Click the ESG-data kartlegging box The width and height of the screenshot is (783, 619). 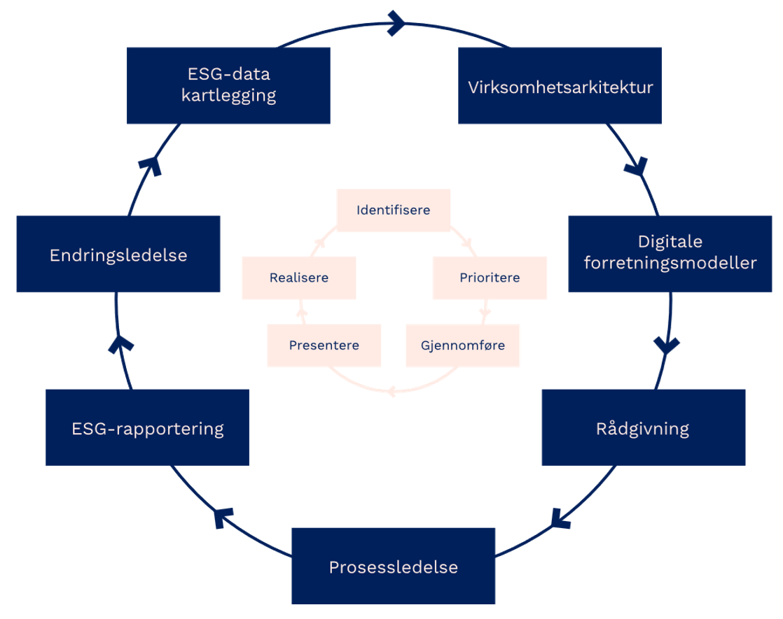pyautogui.click(x=228, y=85)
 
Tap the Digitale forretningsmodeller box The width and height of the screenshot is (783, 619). pyautogui.click(x=670, y=253)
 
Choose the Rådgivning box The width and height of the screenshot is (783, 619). pyautogui.click(x=644, y=427)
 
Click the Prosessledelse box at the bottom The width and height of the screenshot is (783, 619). pyautogui.click(x=393, y=566)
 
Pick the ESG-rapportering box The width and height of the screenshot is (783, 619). pyautogui.click(x=147, y=427)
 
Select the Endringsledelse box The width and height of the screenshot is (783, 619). pyautogui.click(x=118, y=254)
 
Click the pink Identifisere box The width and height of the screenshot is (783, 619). pyautogui.click(x=393, y=210)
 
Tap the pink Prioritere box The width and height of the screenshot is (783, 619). pyautogui.click(x=490, y=278)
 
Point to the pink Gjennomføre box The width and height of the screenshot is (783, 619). pyautogui.click(x=462, y=345)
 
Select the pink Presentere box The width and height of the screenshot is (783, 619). pyautogui.click(x=324, y=345)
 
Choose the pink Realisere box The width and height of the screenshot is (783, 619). pyautogui.click(x=299, y=278)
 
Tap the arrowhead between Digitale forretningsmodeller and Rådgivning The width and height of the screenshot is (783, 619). pyautogui.click(x=665, y=345)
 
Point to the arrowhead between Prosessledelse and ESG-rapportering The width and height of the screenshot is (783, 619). pyautogui.click(x=223, y=518)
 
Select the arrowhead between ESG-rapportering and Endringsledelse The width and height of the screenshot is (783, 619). pyautogui.click(x=122, y=343)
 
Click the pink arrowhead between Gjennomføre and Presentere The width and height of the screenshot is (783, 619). pyautogui.click(x=391, y=392)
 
